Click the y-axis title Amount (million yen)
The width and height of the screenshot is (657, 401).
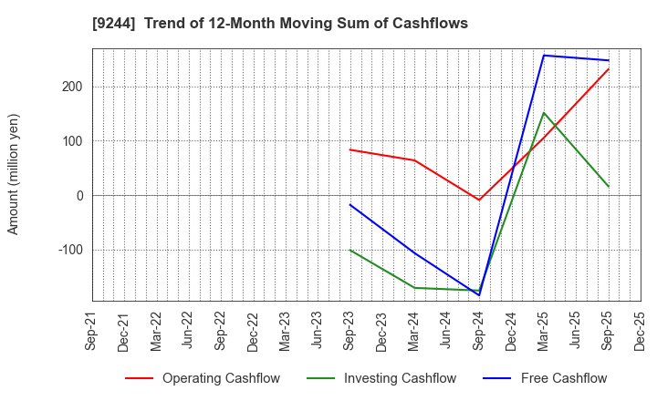click(13, 174)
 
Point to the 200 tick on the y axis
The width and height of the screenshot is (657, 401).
click(73, 87)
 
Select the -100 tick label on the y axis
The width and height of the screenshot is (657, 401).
click(69, 250)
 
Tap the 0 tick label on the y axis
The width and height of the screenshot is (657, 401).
click(79, 196)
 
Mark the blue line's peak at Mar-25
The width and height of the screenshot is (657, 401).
click(544, 56)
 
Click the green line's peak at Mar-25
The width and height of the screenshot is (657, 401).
click(544, 113)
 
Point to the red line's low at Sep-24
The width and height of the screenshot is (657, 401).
click(479, 200)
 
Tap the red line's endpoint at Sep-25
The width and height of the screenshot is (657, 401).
click(609, 68)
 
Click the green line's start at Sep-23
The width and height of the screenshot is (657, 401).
click(349, 250)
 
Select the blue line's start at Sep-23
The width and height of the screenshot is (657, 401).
click(349, 204)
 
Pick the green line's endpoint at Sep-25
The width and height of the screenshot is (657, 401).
click(609, 187)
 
